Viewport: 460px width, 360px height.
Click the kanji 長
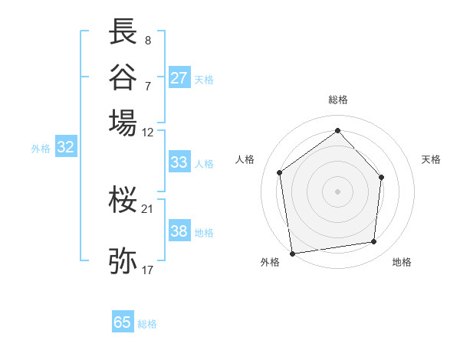[x=123, y=32]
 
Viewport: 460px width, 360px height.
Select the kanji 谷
[x=123, y=77]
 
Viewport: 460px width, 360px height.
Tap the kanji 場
[x=123, y=122]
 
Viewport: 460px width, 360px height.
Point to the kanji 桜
[x=123, y=200]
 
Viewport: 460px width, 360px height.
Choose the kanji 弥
[x=123, y=260]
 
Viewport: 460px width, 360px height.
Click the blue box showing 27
[x=179, y=78]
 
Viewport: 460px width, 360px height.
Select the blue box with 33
[x=179, y=162]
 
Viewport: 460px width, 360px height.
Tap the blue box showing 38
[x=179, y=231]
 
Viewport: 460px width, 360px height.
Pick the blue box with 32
[x=66, y=148]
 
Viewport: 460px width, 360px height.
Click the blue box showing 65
[x=123, y=322]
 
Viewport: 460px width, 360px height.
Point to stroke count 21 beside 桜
[x=147, y=208]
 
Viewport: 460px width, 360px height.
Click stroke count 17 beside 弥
[x=147, y=270]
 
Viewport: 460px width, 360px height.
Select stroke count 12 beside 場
[x=147, y=132]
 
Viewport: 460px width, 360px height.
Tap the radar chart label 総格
[x=337, y=100]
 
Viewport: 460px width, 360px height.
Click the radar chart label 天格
[x=431, y=159]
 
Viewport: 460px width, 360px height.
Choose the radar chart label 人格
[x=245, y=159]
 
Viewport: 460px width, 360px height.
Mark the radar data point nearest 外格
[x=292, y=252]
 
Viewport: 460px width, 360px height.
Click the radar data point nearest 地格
[x=374, y=242]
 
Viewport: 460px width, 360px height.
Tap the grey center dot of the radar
[x=337, y=191]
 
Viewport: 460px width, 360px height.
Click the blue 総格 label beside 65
[x=147, y=324]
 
